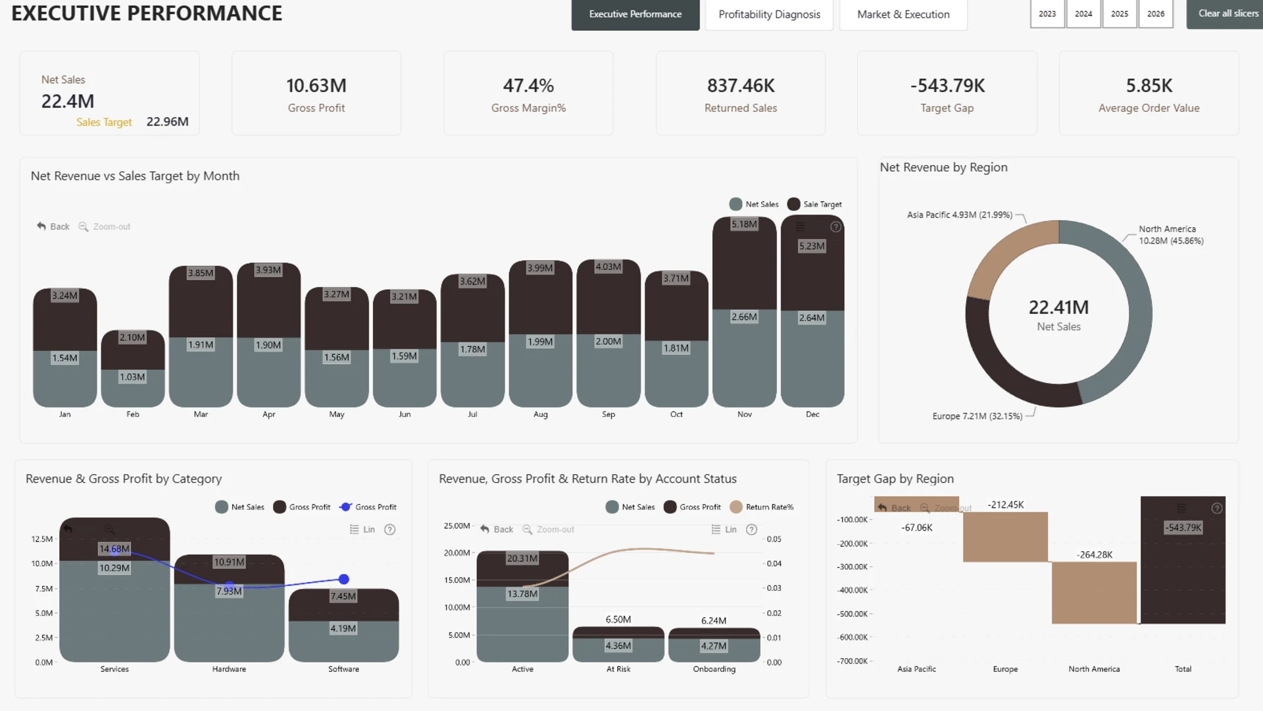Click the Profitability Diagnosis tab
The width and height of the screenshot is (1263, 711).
click(x=769, y=14)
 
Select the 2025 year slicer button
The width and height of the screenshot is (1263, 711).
click(x=1120, y=14)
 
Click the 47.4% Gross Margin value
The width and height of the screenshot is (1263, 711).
click(x=528, y=86)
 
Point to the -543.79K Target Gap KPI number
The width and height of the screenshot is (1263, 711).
click(x=947, y=86)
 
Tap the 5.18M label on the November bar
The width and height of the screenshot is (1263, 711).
click(x=744, y=224)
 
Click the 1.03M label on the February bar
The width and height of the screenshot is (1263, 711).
click(x=132, y=377)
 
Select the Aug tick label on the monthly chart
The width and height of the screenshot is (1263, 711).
click(x=541, y=415)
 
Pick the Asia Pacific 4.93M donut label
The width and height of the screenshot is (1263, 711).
click(x=959, y=215)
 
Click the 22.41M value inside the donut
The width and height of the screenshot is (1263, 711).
click(x=1058, y=307)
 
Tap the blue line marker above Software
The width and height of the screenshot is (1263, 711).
click(x=343, y=579)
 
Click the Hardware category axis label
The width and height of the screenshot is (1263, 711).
click(x=229, y=670)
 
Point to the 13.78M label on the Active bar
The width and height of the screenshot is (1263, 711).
click(x=522, y=594)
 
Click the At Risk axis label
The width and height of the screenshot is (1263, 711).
click(x=618, y=670)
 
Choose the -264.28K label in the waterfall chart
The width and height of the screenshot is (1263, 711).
click(x=1095, y=555)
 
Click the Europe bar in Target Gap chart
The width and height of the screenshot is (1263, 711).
click(x=1005, y=537)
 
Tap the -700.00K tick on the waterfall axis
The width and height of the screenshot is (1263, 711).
click(x=853, y=661)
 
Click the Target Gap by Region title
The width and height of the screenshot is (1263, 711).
click(x=895, y=479)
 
